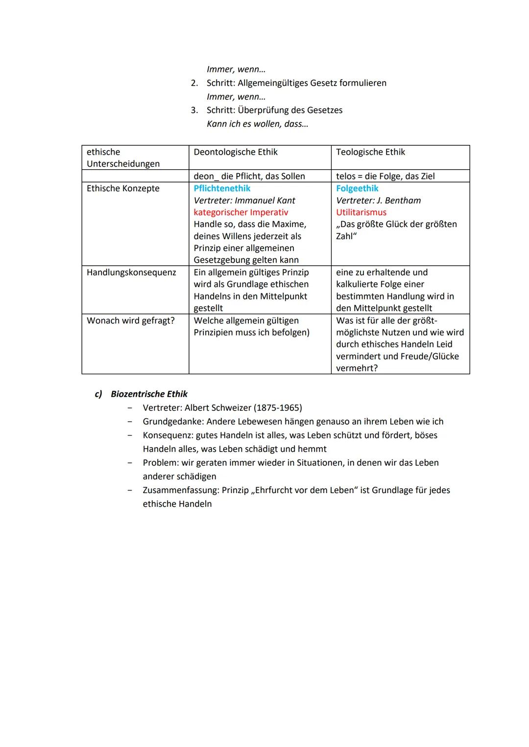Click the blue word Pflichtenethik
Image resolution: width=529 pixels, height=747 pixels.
pyautogui.click(x=222, y=188)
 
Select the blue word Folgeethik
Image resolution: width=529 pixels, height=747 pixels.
pyautogui.click(x=357, y=188)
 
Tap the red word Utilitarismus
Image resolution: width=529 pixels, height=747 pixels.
pyautogui.click(x=361, y=212)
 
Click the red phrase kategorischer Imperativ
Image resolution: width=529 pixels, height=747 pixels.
pyautogui.click(x=240, y=212)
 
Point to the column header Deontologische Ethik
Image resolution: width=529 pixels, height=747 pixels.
pyautogui.click(x=236, y=152)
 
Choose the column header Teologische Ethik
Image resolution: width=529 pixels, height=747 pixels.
pyautogui.click(x=370, y=152)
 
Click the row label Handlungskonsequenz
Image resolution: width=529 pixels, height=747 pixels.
pyautogui.click(x=131, y=272)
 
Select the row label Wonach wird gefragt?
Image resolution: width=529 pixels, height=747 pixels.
pyautogui.click(x=130, y=320)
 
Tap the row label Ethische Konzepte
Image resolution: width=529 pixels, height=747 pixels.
pyautogui.click(x=123, y=188)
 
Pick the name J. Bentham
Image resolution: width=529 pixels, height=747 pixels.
pyautogui.click(x=399, y=201)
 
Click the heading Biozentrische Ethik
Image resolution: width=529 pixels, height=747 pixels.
pyautogui.click(x=149, y=394)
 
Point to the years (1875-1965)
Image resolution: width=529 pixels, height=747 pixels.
pyautogui.click(x=278, y=407)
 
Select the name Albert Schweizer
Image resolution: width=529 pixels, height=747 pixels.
pyautogui.click(x=218, y=407)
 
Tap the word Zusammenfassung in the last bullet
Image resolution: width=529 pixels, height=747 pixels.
pyautogui.click(x=180, y=490)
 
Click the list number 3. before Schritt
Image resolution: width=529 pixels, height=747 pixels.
pyautogui.click(x=194, y=110)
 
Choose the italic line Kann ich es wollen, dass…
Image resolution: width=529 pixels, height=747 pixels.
pyautogui.click(x=257, y=124)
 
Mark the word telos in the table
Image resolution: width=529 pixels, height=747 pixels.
pyautogui.click(x=346, y=176)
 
